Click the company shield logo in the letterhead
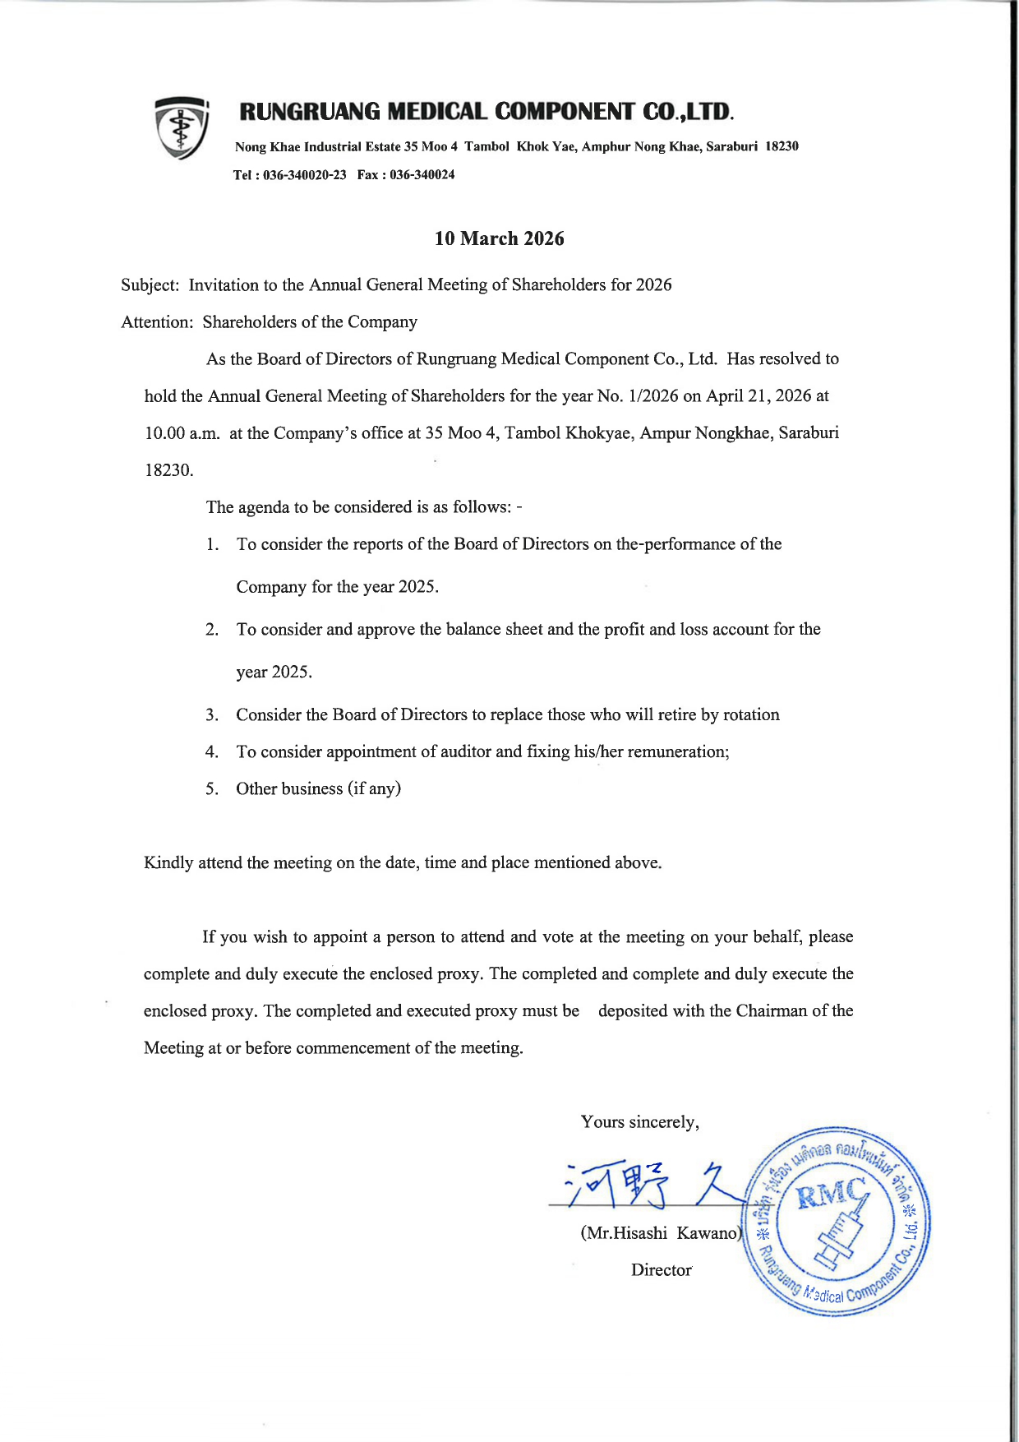pos(182,127)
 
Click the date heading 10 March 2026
pos(499,238)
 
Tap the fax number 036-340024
pos(422,175)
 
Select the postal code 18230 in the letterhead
pos(782,146)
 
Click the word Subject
pos(149,285)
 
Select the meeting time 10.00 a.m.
pos(182,433)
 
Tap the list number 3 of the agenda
pos(212,715)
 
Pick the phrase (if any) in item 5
pos(374,789)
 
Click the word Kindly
pos(168,863)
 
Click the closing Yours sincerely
pos(639,1122)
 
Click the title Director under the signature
pos(662,1270)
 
